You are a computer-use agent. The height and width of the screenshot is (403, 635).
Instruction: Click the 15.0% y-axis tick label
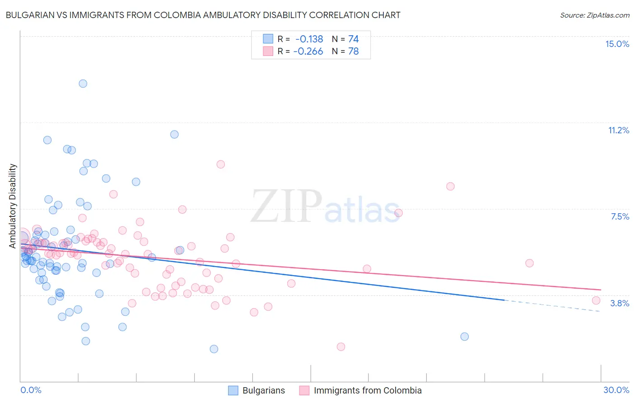[617, 44]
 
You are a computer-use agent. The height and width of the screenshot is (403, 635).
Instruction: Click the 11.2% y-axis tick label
[618, 130]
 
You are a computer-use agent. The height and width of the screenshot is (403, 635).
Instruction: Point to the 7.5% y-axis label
[620, 216]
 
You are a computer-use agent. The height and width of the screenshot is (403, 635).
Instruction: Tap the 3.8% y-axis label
[620, 303]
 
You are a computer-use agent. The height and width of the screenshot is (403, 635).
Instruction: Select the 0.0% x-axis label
[31, 390]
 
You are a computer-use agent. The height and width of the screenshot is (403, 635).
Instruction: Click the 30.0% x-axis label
[616, 390]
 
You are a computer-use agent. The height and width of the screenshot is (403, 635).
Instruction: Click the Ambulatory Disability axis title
[13, 206]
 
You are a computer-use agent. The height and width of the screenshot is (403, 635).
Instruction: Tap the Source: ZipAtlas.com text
[594, 15]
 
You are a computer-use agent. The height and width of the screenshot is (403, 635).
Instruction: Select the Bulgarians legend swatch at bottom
[233, 390]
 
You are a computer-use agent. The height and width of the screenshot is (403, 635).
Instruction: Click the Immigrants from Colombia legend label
[368, 390]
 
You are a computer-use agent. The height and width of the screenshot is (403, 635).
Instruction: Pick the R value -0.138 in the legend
[309, 39]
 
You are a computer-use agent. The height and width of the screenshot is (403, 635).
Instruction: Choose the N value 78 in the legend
[353, 52]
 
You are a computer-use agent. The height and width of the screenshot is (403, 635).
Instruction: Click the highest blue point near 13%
[83, 84]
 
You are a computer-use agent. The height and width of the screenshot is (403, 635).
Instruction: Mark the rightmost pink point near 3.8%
[596, 300]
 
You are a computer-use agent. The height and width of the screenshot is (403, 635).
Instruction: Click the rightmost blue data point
[464, 337]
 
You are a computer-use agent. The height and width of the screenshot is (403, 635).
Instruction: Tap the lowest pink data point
[341, 347]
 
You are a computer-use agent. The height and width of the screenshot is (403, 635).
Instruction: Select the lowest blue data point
[214, 349]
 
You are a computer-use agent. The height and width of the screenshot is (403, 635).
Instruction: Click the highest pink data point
[221, 164]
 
